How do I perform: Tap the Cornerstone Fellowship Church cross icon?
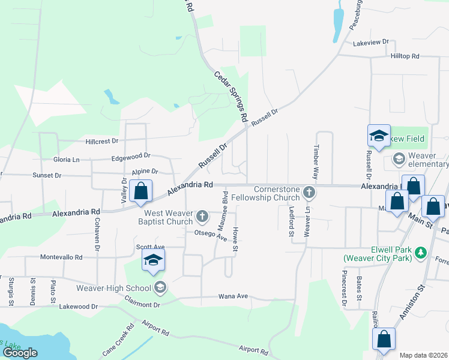click(x=309, y=192)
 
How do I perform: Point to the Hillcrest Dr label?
click(x=102, y=142)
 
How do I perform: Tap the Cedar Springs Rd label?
click(x=231, y=97)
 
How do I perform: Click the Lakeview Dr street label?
click(x=371, y=43)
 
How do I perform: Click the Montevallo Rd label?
click(x=61, y=257)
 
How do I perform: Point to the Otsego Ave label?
click(x=210, y=235)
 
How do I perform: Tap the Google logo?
click(x=20, y=353)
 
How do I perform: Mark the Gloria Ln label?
click(x=67, y=160)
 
